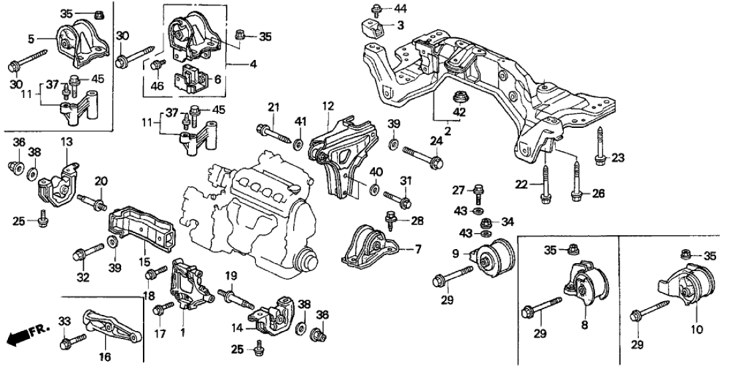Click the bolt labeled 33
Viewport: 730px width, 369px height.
click(67, 344)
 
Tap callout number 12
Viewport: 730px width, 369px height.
click(328, 107)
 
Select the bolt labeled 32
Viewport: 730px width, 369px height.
click(85, 252)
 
